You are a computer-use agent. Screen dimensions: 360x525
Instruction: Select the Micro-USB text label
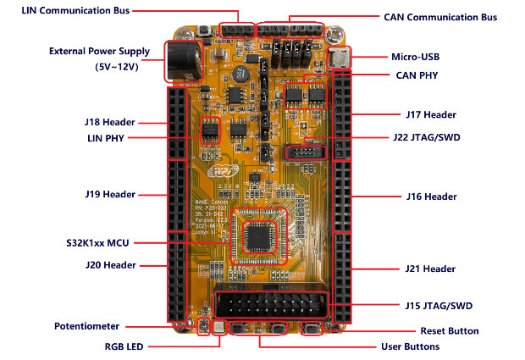point(416,58)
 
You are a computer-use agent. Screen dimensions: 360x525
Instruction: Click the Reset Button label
point(449,331)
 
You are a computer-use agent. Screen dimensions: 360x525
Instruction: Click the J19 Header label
point(110,194)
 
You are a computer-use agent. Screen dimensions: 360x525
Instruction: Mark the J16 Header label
point(430,197)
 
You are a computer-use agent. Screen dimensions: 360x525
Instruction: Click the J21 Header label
point(430,269)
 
